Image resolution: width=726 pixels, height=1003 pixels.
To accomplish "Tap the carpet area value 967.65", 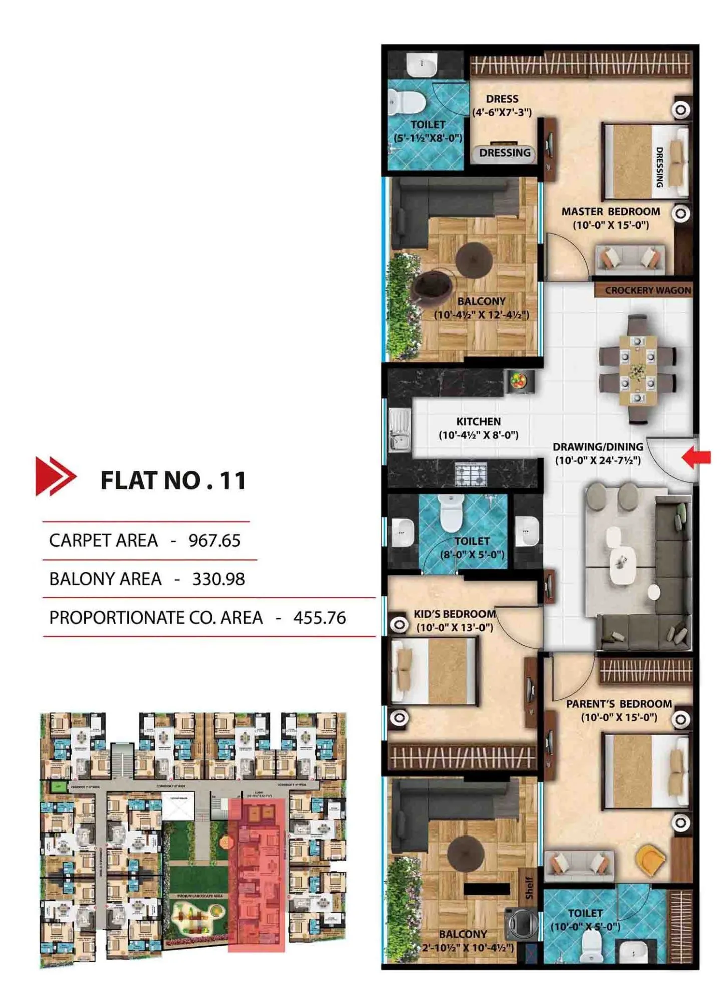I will pyautogui.click(x=214, y=541).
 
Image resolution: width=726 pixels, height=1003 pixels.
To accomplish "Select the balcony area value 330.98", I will pyautogui.click(x=218, y=579).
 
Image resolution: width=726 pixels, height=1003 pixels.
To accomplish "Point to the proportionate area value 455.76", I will pyautogui.click(x=319, y=618).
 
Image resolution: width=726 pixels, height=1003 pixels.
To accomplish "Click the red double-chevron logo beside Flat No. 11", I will pyautogui.click(x=55, y=476).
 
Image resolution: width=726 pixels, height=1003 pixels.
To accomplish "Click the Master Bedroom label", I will pyautogui.click(x=610, y=218).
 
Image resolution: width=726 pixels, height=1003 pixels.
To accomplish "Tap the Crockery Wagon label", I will pyautogui.click(x=647, y=290).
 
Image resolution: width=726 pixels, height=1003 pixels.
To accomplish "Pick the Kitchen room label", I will pyautogui.click(x=478, y=428).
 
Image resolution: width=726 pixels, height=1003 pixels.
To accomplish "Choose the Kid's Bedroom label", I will pyautogui.click(x=454, y=621).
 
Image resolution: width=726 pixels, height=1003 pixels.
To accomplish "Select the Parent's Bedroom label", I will pyautogui.click(x=619, y=710).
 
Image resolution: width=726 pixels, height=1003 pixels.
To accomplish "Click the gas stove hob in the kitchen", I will pyautogui.click(x=470, y=473).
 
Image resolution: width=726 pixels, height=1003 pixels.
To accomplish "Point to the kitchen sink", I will pyautogui.click(x=399, y=430).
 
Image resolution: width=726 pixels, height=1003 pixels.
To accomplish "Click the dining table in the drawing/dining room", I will pyautogui.click(x=637, y=370).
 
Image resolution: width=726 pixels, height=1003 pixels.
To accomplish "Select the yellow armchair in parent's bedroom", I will pyautogui.click(x=650, y=860).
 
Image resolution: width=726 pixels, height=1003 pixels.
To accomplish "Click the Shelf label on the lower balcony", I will pyautogui.click(x=529, y=887).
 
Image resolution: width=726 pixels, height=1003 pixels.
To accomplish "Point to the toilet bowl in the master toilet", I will pyautogui.click(x=406, y=103).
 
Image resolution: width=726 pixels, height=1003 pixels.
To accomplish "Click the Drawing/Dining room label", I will pyautogui.click(x=598, y=453).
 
